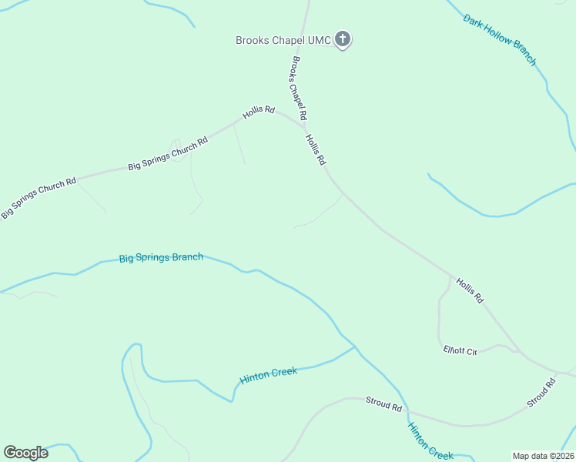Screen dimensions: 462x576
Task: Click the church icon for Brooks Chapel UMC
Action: click(x=343, y=38)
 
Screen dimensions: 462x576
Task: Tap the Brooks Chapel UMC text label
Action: click(x=283, y=39)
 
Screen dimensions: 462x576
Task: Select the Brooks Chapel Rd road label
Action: click(x=296, y=88)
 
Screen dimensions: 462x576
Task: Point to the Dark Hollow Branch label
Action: click(x=500, y=38)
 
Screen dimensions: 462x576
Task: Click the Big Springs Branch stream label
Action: click(x=161, y=257)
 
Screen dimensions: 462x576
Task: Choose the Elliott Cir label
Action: click(x=460, y=351)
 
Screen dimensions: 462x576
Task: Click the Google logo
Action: click(x=25, y=453)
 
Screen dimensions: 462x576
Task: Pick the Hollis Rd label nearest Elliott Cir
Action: click(x=469, y=290)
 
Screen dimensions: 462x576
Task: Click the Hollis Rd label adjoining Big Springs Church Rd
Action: click(x=259, y=111)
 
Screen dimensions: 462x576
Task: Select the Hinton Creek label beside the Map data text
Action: click(x=430, y=444)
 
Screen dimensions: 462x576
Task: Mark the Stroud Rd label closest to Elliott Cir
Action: click(x=541, y=393)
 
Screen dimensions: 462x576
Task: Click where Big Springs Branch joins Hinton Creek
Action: click(x=355, y=347)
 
